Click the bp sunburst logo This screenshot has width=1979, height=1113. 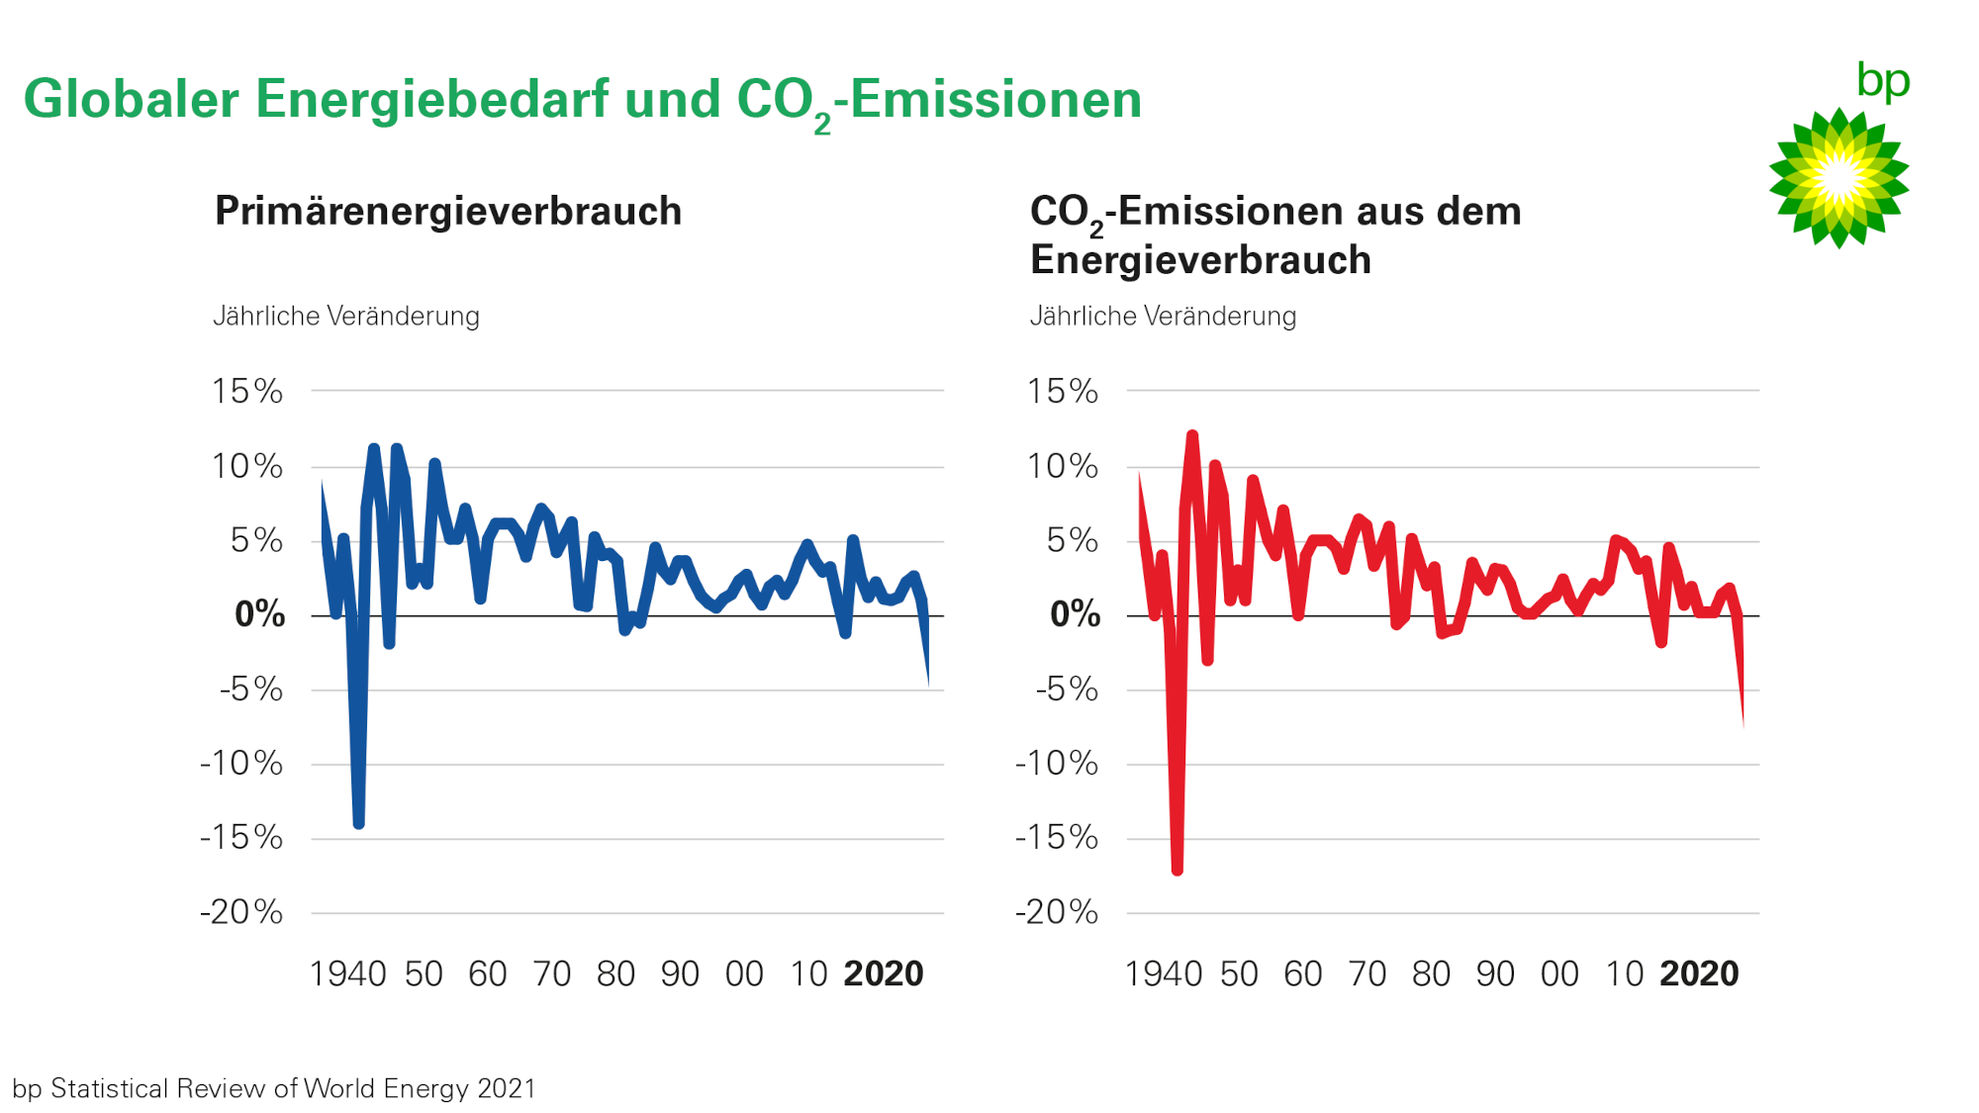click(x=1838, y=178)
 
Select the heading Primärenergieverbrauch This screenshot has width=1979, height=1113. click(x=448, y=212)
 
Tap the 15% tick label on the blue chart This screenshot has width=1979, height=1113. click(x=247, y=391)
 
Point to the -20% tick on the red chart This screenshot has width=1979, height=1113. click(x=1057, y=911)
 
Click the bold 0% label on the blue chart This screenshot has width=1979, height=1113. click(x=259, y=614)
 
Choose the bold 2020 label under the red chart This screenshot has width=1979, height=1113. click(x=1699, y=974)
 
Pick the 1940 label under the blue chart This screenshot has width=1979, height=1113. click(x=347, y=974)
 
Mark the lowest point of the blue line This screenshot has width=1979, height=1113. click(x=358, y=823)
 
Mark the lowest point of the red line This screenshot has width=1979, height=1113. click(x=1177, y=870)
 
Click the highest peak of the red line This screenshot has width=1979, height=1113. click(x=1192, y=435)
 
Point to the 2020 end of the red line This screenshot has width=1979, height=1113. click(x=1743, y=726)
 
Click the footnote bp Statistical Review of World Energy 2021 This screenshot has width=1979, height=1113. click(x=274, y=1088)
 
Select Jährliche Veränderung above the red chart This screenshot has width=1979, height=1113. click(x=1163, y=317)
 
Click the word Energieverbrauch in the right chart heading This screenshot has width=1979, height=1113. click(x=1200, y=260)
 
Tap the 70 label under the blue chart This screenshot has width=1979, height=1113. click(x=551, y=974)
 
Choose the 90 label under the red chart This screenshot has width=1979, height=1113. click(x=1495, y=974)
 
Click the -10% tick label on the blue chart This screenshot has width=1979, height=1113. click(x=241, y=763)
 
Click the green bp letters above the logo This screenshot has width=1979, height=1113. click(x=1883, y=81)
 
